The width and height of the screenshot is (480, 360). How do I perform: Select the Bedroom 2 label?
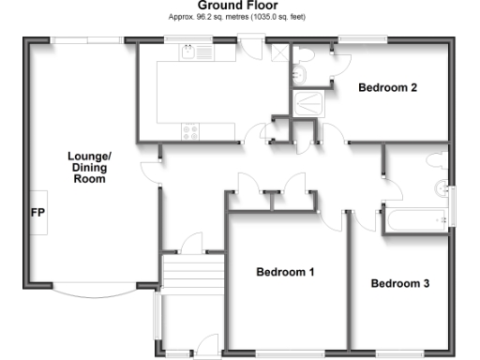point(387,88)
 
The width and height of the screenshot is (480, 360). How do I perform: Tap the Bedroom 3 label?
point(399,283)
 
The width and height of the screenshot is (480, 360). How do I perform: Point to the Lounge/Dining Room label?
point(89,167)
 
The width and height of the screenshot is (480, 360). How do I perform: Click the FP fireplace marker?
point(38,213)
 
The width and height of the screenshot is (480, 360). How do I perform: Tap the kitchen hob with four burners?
point(192,131)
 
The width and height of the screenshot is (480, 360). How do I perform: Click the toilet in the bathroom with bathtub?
point(437,160)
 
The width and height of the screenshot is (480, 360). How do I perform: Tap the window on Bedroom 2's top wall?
point(362,40)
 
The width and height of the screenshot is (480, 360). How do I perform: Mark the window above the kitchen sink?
point(187,40)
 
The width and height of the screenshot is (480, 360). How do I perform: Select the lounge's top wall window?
point(85,40)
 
